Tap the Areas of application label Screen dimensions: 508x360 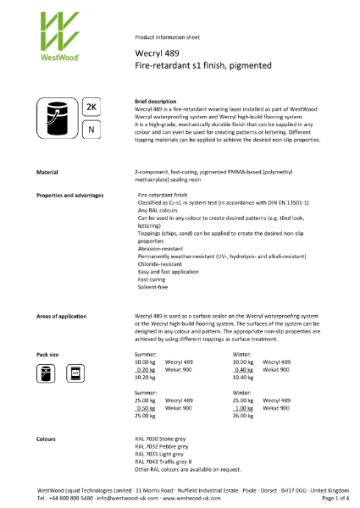pos(61,316)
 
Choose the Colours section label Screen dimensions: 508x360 pos(46,439)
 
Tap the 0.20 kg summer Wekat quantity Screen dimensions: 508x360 pos(147,369)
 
